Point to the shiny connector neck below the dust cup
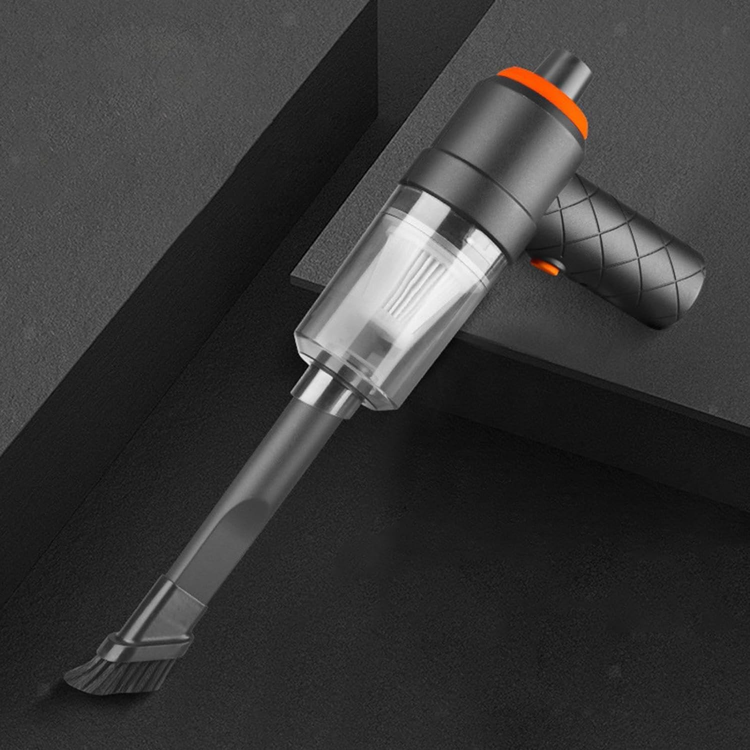coord(325,390)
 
